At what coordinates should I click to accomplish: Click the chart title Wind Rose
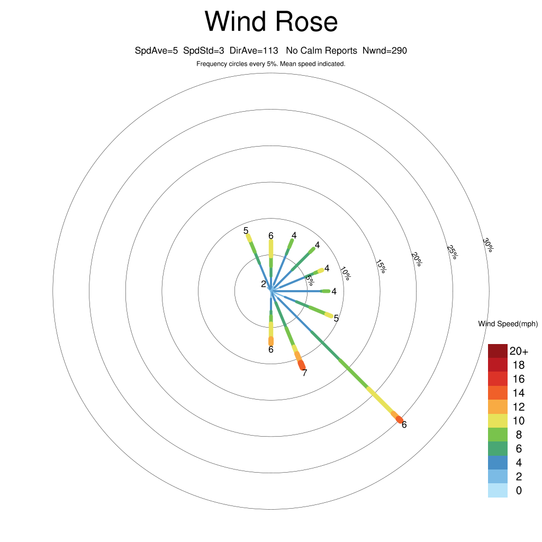coord(271,21)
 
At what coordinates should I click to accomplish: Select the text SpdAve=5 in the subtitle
coord(156,51)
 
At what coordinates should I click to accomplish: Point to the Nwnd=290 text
coord(385,51)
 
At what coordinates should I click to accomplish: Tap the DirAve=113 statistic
coord(254,51)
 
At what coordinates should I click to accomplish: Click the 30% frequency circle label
coord(488,245)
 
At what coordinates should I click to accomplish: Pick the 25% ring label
coord(452,252)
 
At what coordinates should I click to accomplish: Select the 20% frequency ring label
coord(417,259)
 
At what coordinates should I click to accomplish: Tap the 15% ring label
coord(381,266)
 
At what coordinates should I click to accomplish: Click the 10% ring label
coord(345,273)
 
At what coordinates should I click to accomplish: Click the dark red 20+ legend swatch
coord(498,351)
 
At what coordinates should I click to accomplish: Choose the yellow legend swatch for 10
coord(498,421)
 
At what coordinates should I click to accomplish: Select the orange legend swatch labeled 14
coord(498,393)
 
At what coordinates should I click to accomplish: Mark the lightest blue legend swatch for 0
coord(498,491)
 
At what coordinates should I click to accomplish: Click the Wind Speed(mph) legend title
coord(508,324)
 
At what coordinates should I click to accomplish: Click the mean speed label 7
coord(304,373)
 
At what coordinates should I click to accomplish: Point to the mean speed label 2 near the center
coord(264,284)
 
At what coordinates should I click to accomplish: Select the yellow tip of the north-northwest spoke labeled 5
coord(249,238)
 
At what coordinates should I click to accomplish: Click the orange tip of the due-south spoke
coord(271,341)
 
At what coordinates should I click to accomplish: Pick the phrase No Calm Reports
coord(321,51)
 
